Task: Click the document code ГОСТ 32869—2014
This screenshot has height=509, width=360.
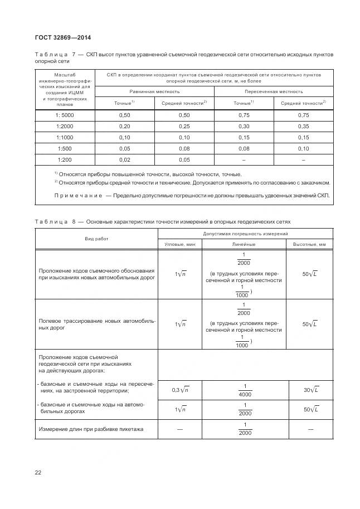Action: tap(63, 38)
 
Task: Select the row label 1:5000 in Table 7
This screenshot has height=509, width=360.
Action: tap(65, 115)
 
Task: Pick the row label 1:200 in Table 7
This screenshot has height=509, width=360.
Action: tap(65, 159)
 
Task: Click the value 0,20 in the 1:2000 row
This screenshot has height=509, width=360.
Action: tap(124, 126)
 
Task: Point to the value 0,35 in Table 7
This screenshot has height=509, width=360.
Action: tap(303, 126)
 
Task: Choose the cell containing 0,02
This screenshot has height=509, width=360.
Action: tap(124, 159)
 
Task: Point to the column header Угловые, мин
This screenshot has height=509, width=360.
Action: tap(180, 244)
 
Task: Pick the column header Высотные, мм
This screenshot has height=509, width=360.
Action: tap(309, 244)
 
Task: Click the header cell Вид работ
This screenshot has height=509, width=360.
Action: tap(97, 238)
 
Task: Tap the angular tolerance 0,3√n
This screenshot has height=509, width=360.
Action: tap(179, 390)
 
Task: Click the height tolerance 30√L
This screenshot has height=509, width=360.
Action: tap(310, 390)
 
